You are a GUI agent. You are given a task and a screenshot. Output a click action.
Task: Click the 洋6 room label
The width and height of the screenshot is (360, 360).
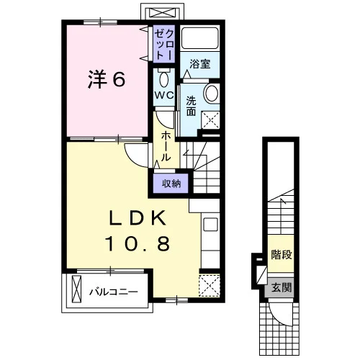point(107,79)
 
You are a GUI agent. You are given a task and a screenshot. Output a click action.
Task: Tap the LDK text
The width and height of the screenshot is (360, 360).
point(138,218)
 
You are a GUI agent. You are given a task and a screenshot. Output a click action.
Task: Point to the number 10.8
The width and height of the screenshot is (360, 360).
point(137,243)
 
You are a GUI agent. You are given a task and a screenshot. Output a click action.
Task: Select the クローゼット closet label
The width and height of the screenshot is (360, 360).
point(164,45)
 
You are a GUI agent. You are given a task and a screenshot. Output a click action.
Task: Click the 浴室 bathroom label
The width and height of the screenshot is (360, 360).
point(200,63)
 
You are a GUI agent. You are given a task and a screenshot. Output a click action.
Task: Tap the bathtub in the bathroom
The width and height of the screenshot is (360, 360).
point(199,38)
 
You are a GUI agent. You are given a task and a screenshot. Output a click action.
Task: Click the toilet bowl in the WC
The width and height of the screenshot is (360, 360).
point(164,79)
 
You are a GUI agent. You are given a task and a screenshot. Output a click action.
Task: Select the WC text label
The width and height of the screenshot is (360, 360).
point(164,96)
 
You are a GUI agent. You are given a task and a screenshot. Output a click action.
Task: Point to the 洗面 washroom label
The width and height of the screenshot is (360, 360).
point(192,107)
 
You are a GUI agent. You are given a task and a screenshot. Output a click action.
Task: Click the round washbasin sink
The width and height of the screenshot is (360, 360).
point(211,93)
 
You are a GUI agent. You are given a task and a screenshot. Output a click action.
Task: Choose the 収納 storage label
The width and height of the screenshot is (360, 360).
point(171,184)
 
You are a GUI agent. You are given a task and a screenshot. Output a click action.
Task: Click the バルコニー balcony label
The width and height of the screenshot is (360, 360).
point(114,292)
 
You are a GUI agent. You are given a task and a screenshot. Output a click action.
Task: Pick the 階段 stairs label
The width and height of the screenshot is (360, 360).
point(282,255)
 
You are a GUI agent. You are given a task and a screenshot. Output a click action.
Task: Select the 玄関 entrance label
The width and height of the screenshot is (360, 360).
point(282,287)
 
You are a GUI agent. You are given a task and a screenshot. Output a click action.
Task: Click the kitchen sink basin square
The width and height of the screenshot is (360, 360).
point(210,224)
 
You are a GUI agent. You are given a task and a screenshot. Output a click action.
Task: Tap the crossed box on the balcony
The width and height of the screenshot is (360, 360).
point(76,289)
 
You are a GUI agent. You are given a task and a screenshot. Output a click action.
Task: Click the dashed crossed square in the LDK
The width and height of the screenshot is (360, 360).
point(210,285)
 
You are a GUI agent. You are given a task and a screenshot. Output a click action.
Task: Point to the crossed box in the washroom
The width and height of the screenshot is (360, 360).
point(210,120)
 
